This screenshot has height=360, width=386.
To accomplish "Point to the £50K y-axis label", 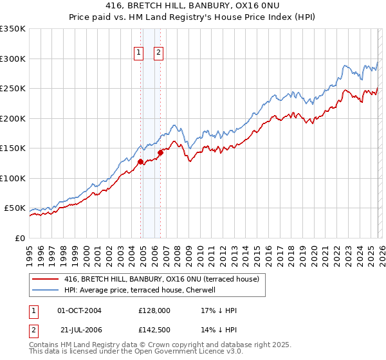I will point(14,208).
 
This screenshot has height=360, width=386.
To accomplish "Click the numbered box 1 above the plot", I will point(138,53).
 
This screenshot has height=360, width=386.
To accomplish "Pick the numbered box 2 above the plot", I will point(158,53).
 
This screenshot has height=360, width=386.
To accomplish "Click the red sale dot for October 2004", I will point(140,162).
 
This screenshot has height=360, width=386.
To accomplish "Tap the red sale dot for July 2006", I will point(160,153).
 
